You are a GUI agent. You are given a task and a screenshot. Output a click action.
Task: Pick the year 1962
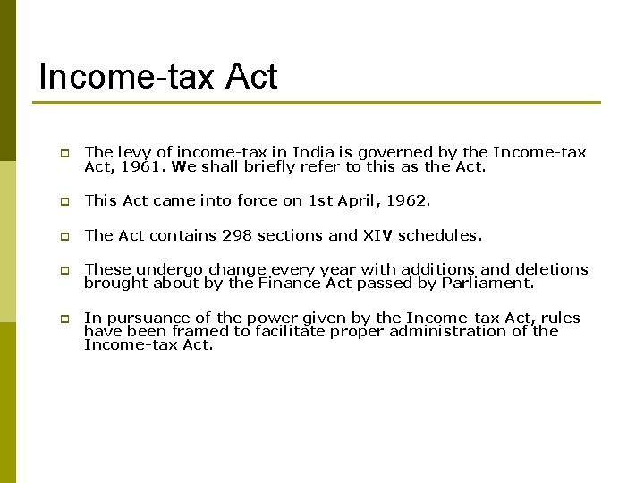(x=409, y=201)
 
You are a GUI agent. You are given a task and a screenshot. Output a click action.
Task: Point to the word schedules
(x=440, y=236)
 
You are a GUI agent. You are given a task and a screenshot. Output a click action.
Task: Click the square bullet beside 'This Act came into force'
(x=64, y=202)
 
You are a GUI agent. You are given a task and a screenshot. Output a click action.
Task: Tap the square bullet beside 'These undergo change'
(x=64, y=270)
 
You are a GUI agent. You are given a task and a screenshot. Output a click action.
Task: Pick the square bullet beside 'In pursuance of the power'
(x=64, y=318)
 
